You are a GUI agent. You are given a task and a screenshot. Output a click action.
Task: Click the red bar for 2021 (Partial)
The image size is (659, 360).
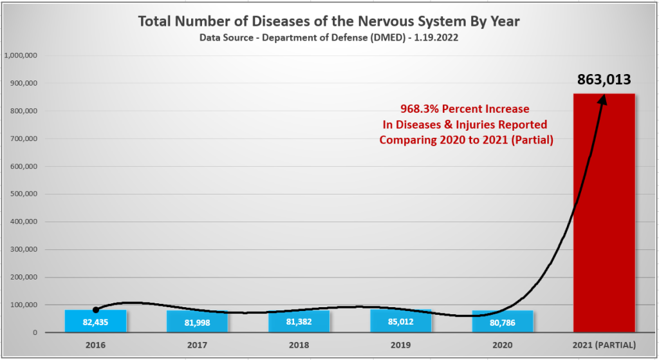604,213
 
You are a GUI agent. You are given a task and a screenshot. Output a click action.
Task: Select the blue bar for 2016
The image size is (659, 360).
95,321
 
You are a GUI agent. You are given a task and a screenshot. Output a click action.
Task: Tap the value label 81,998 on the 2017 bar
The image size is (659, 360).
197,321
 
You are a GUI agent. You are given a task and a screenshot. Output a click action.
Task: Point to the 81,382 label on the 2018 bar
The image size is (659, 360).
299,321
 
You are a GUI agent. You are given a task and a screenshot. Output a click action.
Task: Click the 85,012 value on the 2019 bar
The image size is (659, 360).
400,321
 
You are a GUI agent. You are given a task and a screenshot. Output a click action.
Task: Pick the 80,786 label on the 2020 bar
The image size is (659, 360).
502,321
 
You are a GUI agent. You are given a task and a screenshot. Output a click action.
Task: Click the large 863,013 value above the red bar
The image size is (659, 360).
604,80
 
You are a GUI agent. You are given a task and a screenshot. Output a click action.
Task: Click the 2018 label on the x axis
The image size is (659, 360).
299,344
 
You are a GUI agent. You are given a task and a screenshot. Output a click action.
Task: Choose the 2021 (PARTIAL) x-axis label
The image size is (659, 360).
604,344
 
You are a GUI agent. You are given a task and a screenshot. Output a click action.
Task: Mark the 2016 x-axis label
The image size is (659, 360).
95,344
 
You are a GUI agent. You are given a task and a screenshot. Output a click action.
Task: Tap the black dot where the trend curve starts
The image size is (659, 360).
96,310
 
